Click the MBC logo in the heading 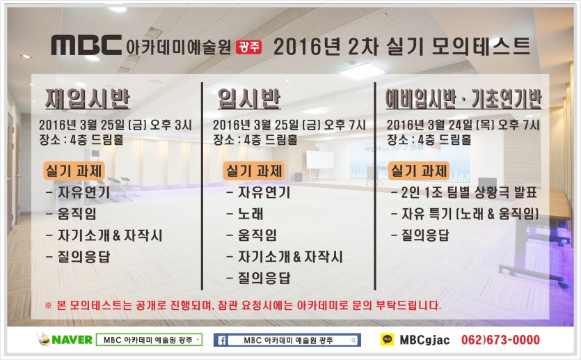click(86, 45)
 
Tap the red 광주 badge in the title click(248, 47)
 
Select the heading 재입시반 click(88, 99)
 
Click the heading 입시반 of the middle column click(249, 99)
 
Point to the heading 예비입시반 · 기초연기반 click(463, 99)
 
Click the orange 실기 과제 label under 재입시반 click(74, 171)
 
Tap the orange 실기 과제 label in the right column click(419, 171)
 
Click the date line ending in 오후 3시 click(116, 125)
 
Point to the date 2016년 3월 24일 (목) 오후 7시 click(463, 125)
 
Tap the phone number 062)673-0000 click(500, 340)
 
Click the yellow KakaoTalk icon click(387, 339)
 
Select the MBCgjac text click(424, 340)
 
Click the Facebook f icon click(222, 340)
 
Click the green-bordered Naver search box click(149, 340)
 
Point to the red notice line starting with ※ click(243, 305)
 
